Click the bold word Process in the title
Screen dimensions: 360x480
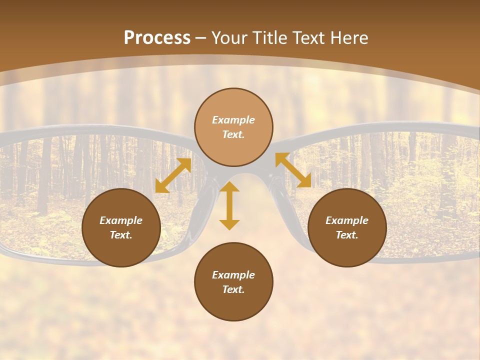(x=157, y=38)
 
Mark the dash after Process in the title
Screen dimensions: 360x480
(x=201, y=38)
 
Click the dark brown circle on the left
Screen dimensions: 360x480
(x=121, y=227)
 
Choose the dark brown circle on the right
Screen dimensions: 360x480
(x=347, y=227)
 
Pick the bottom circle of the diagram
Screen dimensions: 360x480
(x=233, y=281)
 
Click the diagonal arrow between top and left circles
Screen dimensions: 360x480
(x=173, y=175)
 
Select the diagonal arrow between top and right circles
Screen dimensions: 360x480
(x=293, y=170)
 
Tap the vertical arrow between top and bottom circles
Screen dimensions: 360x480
(x=229, y=205)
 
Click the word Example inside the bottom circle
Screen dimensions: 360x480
(x=233, y=275)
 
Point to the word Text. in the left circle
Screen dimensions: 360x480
(x=121, y=235)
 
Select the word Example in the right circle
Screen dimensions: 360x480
(x=347, y=220)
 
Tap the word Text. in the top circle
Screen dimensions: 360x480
(x=233, y=135)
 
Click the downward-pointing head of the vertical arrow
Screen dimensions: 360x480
(x=229, y=224)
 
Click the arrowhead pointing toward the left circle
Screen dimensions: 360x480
(x=161, y=186)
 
